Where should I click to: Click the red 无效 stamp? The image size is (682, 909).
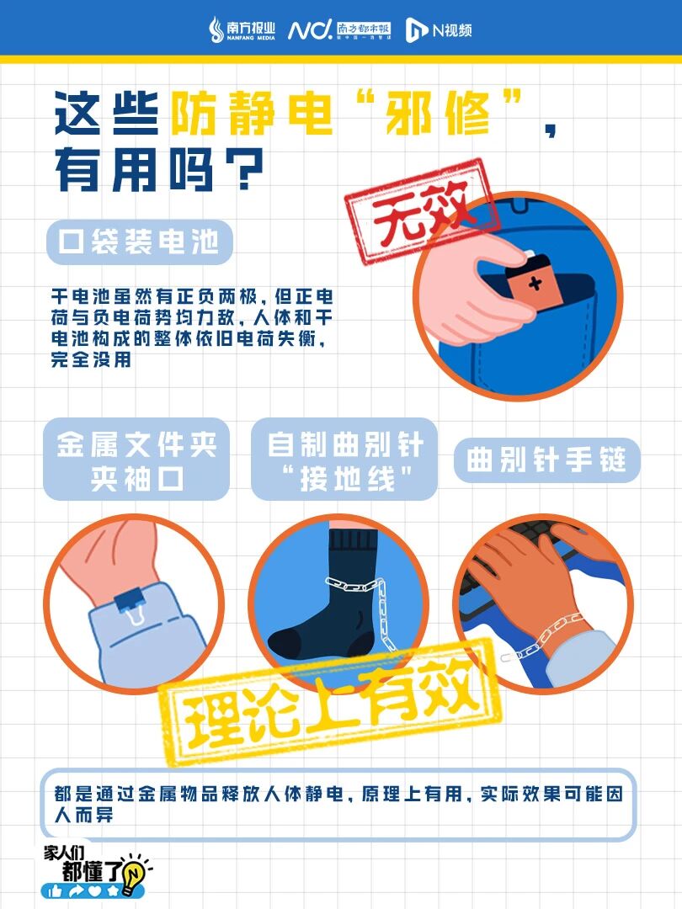click(x=422, y=211)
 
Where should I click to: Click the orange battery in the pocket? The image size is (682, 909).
click(x=534, y=279)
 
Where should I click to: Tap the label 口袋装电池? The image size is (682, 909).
click(x=139, y=242)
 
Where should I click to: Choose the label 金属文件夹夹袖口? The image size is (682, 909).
click(x=137, y=460)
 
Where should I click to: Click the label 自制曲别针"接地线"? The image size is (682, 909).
click(x=344, y=460)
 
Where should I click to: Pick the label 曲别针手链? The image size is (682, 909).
click(x=546, y=460)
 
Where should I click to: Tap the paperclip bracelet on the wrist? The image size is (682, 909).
click(x=543, y=636)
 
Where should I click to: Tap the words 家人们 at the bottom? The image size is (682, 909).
click(x=64, y=852)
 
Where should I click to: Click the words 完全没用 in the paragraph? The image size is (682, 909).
click(x=91, y=359)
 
